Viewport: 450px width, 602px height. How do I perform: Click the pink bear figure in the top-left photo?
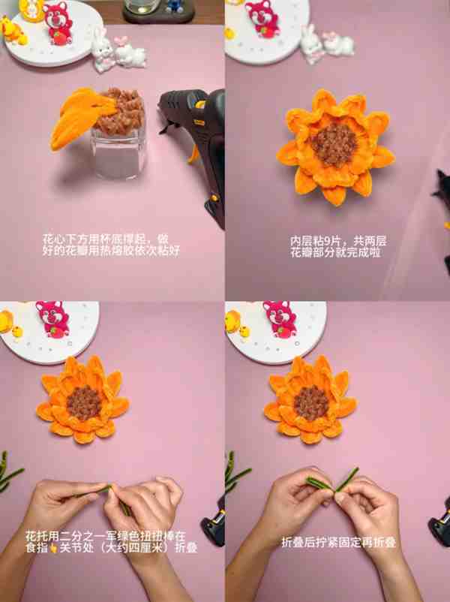tap(58, 23)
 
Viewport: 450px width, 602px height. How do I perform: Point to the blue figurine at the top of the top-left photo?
tap(175, 5)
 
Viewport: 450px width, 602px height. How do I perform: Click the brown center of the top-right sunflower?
tap(334, 144)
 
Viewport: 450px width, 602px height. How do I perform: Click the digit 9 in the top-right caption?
tap(327, 242)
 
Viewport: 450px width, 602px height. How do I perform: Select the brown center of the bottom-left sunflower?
tap(85, 402)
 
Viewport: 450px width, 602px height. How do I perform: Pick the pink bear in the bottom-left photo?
tap(53, 320)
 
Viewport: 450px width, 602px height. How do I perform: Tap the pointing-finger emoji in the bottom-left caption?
tap(54, 548)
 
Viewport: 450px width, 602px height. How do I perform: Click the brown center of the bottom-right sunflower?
tap(311, 403)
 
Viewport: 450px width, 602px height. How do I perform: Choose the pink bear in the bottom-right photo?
tap(280, 320)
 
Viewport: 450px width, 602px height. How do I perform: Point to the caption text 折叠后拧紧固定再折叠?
tap(338, 543)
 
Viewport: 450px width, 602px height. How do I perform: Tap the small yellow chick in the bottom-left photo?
tap(17, 331)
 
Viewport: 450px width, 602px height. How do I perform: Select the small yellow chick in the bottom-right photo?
tap(244, 332)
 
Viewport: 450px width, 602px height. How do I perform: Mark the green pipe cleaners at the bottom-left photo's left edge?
tap(7, 472)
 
